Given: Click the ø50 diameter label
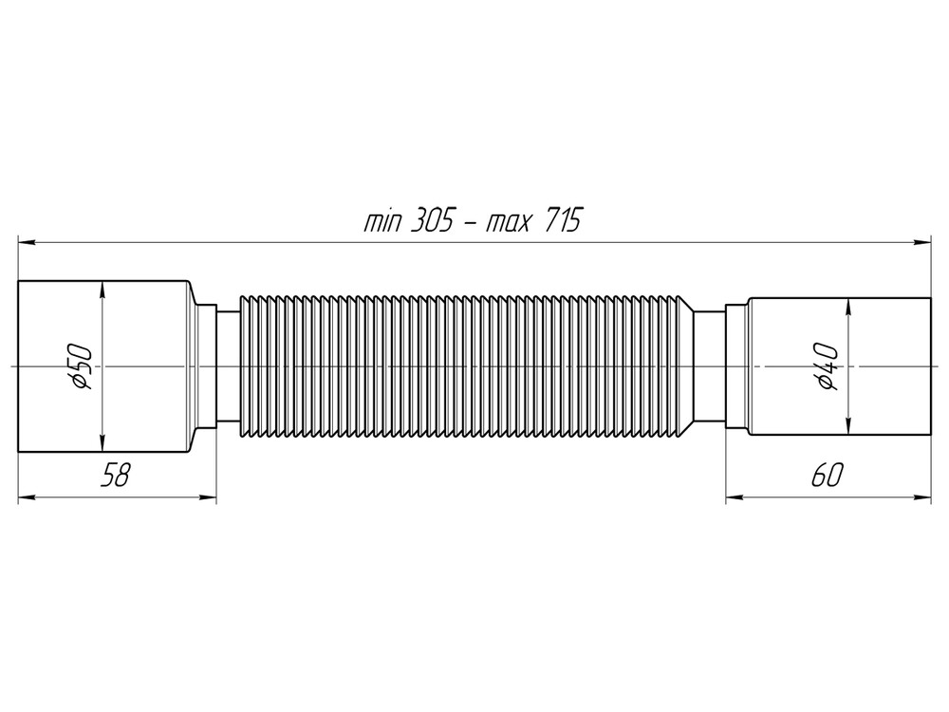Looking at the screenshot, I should click(83, 366).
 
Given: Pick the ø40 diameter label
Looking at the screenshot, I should click(827, 366).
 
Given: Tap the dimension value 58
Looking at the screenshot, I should click(115, 476).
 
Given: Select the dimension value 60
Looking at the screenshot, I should click(826, 476).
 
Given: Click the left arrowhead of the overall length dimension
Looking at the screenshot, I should click(26, 243).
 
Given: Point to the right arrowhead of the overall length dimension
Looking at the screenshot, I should click(923, 243).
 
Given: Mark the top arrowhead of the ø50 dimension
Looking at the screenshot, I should click(102, 289).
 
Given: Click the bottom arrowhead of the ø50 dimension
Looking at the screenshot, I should click(102, 444).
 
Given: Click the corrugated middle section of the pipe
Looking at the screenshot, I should click(465, 366).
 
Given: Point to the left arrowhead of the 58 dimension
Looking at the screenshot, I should click(26, 496).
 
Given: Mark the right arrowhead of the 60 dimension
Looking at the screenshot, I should click(923, 496).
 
